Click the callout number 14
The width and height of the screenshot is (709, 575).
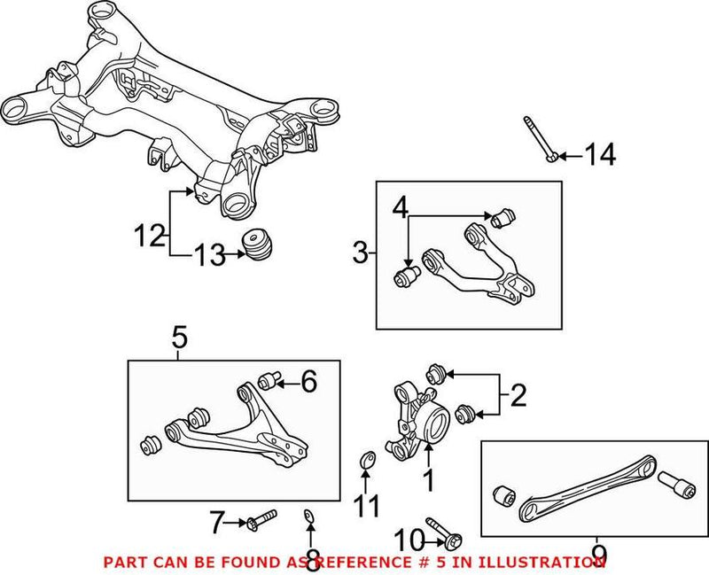[x=600, y=156]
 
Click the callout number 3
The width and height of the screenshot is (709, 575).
[x=358, y=254]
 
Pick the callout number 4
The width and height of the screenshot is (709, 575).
[x=401, y=210]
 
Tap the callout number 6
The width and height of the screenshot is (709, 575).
[x=308, y=382]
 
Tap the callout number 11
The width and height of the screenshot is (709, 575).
[x=366, y=506]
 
